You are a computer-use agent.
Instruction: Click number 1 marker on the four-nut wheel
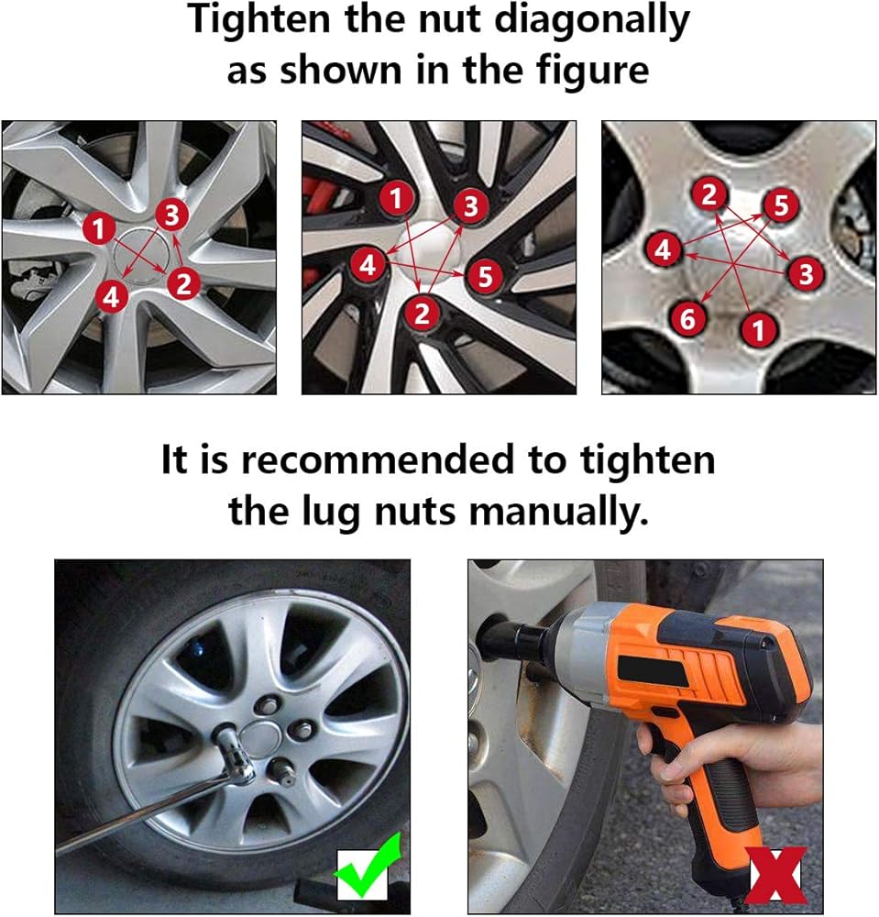pyautogui.click(x=99, y=227)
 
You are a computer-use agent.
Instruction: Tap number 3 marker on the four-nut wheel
pyautogui.click(x=171, y=215)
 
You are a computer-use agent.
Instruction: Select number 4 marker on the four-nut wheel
pyautogui.click(x=111, y=296)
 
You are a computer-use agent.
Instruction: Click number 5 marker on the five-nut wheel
pyautogui.click(x=485, y=275)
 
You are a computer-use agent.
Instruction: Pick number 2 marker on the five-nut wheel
pyautogui.click(x=422, y=313)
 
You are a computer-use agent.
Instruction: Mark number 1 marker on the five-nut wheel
pyautogui.click(x=397, y=198)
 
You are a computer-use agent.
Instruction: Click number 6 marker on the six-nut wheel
pyautogui.click(x=687, y=319)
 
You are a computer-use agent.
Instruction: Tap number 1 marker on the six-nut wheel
pyautogui.click(x=758, y=329)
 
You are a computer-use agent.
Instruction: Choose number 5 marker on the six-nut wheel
pyautogui.click(x=781, y=205)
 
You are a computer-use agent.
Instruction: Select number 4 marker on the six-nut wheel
pyautogui.click(x=663, y=249)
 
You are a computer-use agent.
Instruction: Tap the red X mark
pyautogui.click(x=778, y=878)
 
